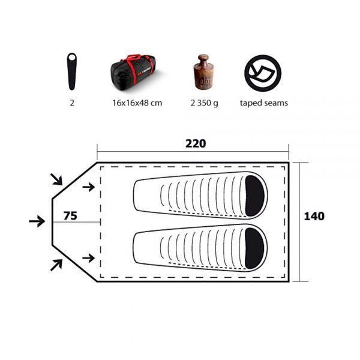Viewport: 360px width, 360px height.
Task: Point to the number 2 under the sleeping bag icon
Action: click(71, 103)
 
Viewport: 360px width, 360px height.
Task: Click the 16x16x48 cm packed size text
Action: click(137, 103)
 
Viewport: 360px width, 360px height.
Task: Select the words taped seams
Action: click(263, 103)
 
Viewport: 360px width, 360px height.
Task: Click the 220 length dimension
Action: click(196, 143)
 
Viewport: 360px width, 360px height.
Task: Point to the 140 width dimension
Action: click(314, 216)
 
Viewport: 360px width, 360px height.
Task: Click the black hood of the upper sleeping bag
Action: click(254, 193)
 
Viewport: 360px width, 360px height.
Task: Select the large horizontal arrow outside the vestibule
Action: click(37, 221)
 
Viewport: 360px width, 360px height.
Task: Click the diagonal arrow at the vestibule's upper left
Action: click(56, 178)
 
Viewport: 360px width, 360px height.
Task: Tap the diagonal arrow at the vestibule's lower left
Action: click(56, 264)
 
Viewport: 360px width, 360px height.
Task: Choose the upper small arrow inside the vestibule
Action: click(88, 187)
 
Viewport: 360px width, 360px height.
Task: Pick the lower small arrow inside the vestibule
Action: click(88, 257)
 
